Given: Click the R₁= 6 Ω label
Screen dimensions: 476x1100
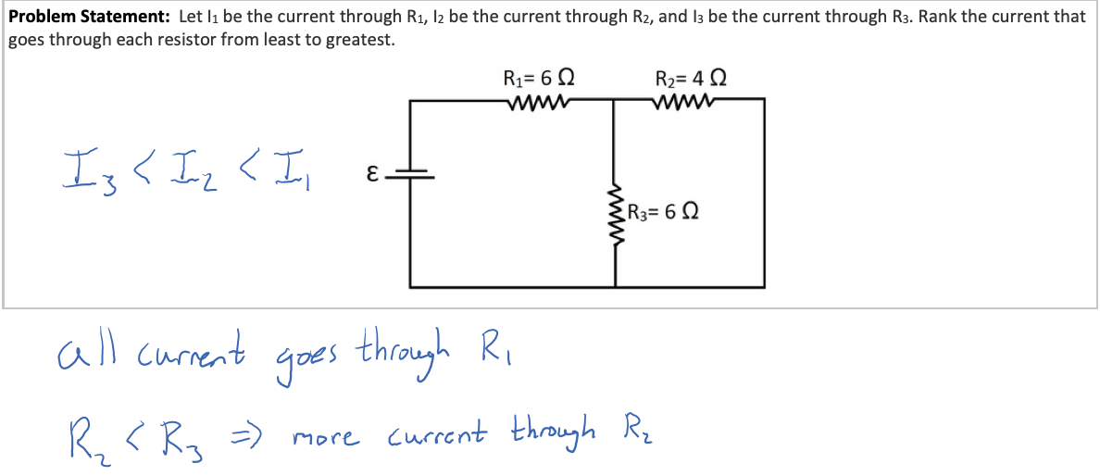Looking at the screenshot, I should [x=542, y=77].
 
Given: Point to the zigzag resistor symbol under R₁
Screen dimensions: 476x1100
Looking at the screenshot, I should [x=537, y=100].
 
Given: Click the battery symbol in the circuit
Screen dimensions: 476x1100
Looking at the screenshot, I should [x=411, y=173].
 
